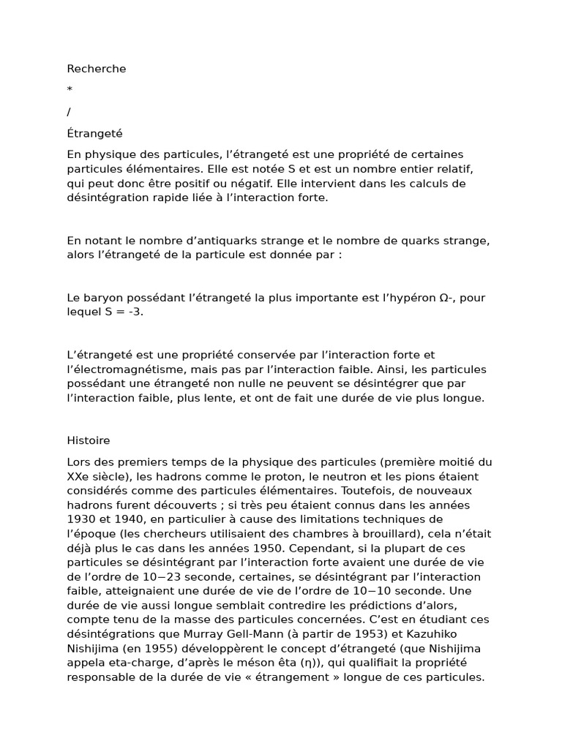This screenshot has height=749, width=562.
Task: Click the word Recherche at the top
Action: click(x=97, y=69)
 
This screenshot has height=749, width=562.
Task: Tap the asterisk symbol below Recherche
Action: click(x=70, y=90)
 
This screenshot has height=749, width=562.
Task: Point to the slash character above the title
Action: click(x=70, y=112)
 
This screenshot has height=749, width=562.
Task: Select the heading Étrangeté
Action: click(x=95, y=134)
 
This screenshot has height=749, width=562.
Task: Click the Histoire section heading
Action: click(x=89, y=440)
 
